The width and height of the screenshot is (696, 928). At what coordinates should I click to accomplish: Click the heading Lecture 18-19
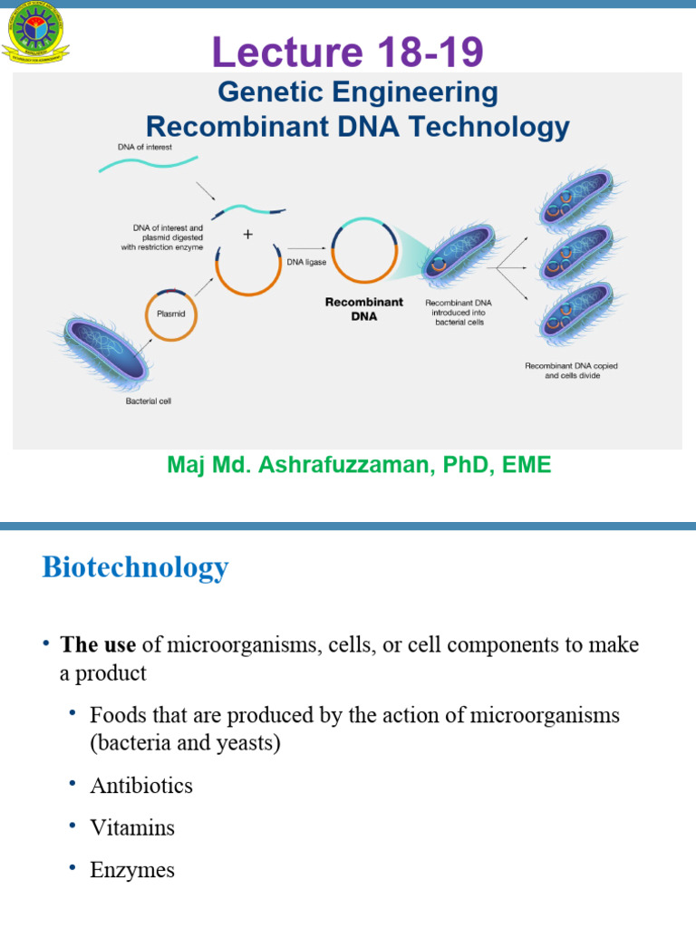[348, 53]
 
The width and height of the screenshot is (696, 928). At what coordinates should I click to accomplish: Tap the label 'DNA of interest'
[145, 147]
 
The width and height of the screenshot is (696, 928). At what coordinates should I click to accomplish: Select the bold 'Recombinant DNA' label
[363, 309]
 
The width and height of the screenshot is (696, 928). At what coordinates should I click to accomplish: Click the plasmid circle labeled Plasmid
[166, 314]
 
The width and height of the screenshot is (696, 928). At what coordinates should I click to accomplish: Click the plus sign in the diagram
[247, 235]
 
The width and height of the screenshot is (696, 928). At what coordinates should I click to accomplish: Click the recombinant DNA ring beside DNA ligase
[363, 250]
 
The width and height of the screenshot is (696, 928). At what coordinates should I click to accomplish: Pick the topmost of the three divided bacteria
[580, 198]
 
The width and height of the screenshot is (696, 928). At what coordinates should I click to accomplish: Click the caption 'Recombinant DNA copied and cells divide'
[572, 371]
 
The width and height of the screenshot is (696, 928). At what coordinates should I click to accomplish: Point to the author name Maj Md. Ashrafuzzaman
[359, 465]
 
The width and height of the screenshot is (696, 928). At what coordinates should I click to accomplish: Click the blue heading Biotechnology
[135, 568]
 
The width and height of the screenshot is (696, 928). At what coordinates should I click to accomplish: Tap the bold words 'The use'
[98, 645]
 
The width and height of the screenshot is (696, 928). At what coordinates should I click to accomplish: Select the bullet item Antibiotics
[141, 786]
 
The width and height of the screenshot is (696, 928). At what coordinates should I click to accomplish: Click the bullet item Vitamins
[132, 828]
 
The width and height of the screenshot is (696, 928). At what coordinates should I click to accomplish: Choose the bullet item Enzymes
[132, 871]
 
